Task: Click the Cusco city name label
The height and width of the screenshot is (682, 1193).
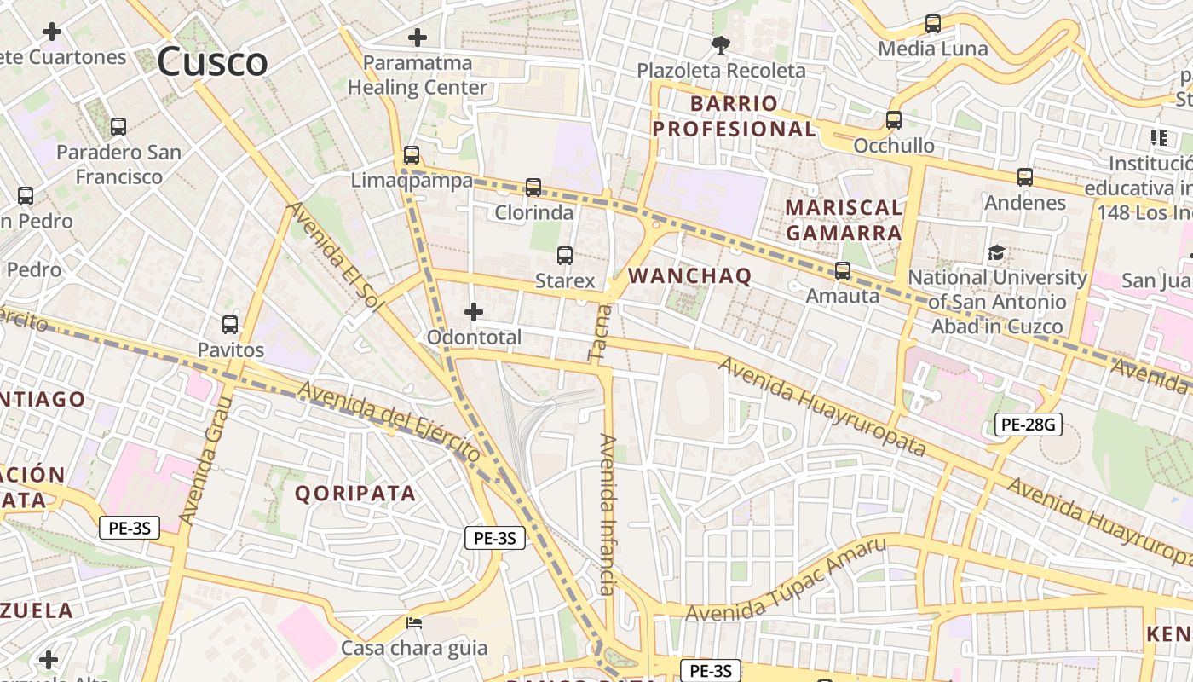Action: pyautogui.click(x=212, y=62)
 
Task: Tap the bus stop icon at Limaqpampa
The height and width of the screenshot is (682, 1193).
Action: pyautogui.click(x=412, y=155)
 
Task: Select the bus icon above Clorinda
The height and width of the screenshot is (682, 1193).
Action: pyautogui.click(x=533, y=187)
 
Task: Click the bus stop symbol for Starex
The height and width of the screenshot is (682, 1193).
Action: pyautogui.click(x=564, y=255)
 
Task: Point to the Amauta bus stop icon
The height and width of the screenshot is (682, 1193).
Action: pyautogui.click(x=843, y=271)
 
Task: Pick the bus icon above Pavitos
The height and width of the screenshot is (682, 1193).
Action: pyautogui.click(x=230, y=325)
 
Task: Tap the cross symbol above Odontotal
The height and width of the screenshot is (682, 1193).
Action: pyautogui.click(x=474, y=312)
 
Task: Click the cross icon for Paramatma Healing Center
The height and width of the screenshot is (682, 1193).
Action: pyautogui.click(x=418, y=38)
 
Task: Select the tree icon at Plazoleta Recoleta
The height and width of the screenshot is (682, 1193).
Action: pyautogui.click(x=721, y=45)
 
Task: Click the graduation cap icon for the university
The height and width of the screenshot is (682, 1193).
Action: pyautogui.click(x=996, y=252)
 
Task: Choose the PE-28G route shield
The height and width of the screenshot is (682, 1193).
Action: pyautogui.click(x=1028, y=424)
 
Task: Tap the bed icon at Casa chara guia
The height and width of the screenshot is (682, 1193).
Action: pyautogui.click(x=414, y=623)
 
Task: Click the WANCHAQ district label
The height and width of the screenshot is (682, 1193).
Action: pyautogui.click(x=690, y=276)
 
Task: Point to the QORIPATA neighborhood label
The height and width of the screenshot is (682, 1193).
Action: pyautogui.click(x=355, y=494)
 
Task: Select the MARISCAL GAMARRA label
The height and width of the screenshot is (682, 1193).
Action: pyautogui.click(x=844, y=220)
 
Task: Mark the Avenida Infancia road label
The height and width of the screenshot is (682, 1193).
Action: pyautogui.click(x=607, y=514)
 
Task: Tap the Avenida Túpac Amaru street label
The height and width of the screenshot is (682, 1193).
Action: pyautogui.click(x=786, y=581)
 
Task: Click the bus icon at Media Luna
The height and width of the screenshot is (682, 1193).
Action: pyautogui.click(x=933, y=24)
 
